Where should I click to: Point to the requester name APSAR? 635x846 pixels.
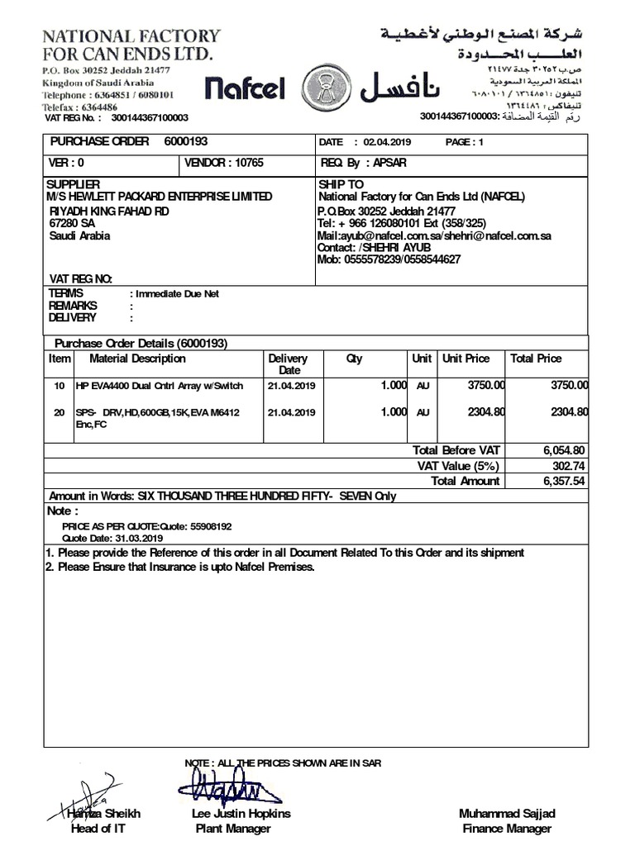[x=389, y=163]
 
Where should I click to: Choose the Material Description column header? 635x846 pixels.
[x=137, y=359]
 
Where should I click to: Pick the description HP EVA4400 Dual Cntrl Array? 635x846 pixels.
[x=160, y=385]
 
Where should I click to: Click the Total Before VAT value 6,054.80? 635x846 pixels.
[x=564, y=450]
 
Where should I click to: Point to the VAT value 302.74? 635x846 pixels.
[x=571, y=465]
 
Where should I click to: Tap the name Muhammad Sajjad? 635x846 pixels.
[x=507, y=814]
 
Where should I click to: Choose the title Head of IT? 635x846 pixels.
[x=98, y=829]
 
